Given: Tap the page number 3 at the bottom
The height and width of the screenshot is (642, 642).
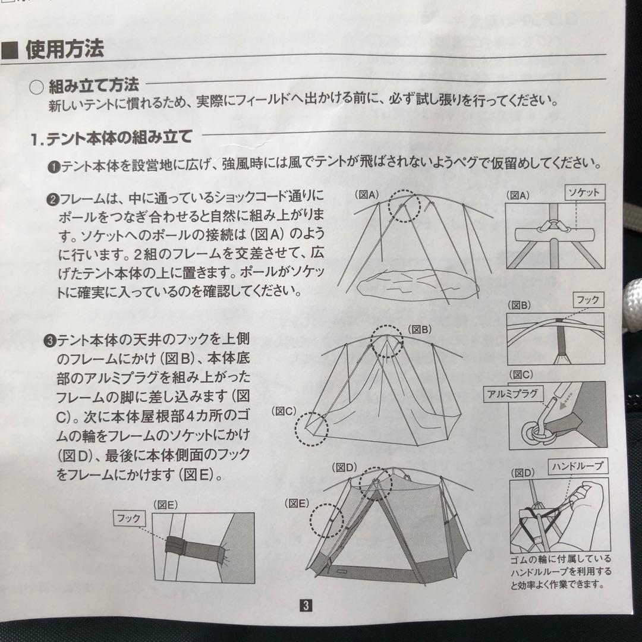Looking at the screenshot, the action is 306,605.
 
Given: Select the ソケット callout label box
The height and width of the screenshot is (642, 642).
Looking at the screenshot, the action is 584,193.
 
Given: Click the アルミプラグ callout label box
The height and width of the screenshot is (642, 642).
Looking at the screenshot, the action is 512,394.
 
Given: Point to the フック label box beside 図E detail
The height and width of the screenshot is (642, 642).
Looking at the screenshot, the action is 129,519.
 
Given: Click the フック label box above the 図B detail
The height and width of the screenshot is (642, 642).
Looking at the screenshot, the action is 588,300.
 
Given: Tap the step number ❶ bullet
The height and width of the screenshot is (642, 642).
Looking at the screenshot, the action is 53,167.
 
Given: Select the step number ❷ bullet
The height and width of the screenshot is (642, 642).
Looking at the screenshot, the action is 53,200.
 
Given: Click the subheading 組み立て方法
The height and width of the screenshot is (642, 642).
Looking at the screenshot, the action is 94,86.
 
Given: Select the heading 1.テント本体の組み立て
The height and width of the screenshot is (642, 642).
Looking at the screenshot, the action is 111,138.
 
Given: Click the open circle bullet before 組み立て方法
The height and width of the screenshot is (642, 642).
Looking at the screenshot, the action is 36,87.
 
